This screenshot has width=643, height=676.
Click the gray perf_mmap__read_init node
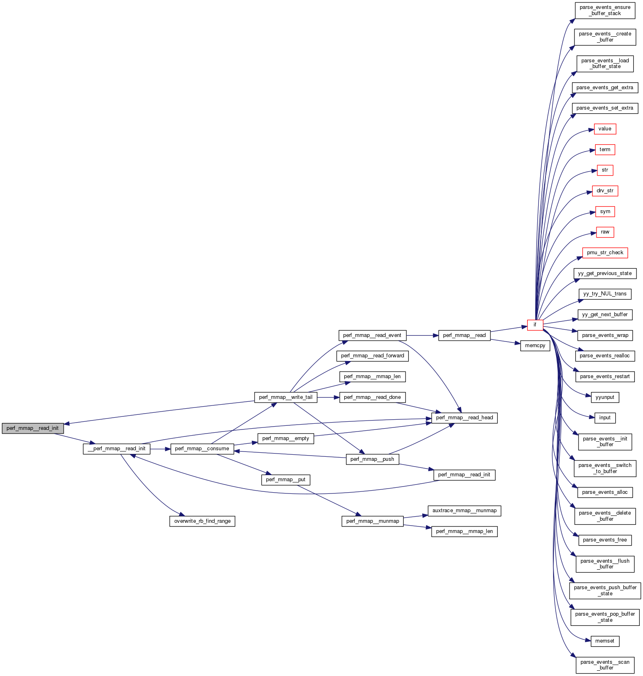(x=33, y=428)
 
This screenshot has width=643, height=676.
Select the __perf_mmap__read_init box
(x=117, y=449)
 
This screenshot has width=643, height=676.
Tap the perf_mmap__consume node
(x=202, y=449)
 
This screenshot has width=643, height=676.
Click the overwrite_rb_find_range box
(x=202, y=521)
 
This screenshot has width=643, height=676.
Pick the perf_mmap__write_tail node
(x=286, y=397)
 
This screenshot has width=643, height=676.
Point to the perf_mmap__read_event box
(x=372, y=335)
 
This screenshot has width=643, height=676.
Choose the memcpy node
(x=535, y=346)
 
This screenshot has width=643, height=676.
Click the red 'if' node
(x=535, y=325)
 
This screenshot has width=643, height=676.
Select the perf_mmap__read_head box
(x=464, y=418)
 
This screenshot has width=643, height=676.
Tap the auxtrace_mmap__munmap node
(x=464, y=511)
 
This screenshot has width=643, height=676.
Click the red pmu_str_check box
(x=605, y=253)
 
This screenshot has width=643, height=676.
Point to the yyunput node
(x=605, y=397)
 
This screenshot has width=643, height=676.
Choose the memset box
(x=605, y=641)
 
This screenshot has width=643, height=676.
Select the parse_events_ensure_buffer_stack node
(x=605, y=10)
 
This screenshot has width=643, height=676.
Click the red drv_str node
(x=605, y=191)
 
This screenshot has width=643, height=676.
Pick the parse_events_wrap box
(x=605, y=335)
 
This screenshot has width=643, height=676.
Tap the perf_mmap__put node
(x=286, y=480)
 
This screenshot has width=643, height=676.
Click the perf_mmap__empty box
(x=286, y=438)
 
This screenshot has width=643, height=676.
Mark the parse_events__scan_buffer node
(x=605, y=665)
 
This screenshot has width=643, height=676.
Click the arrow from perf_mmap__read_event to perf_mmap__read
(x=422, y=335)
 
